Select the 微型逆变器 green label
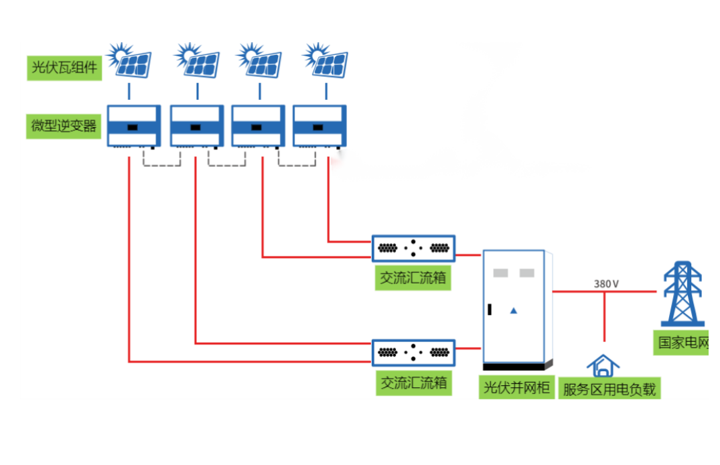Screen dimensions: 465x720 [64, 126]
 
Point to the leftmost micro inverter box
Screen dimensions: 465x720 [134, 126]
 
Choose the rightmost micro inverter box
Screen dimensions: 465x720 [319, 126]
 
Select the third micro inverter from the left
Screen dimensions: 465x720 [258, 126]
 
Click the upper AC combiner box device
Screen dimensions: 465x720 [413, 248]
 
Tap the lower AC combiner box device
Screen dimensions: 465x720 [413, 352]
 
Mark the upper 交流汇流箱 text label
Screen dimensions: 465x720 [413, 278]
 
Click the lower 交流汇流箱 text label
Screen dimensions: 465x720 [413, 383]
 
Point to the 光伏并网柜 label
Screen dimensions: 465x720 [516, 387]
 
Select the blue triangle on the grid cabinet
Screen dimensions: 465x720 [514, 310]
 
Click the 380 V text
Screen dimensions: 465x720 [606, 283]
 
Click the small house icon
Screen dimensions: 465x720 [603, 366]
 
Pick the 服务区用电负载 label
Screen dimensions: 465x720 [609, 389]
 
